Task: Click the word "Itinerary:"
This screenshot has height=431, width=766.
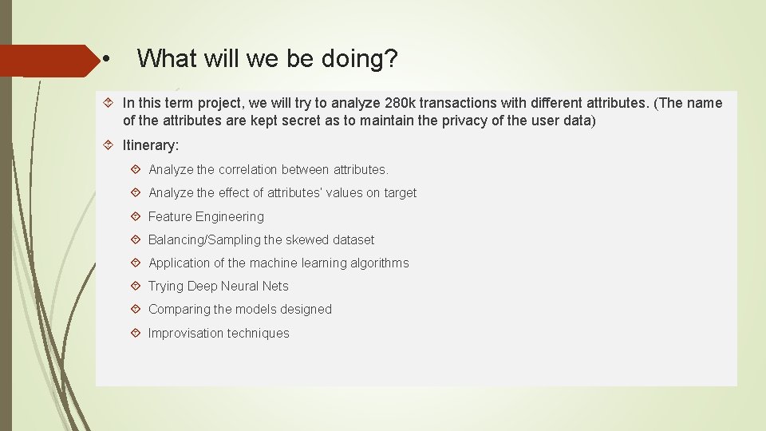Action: point(151,145)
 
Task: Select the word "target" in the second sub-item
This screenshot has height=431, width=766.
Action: point(399,192)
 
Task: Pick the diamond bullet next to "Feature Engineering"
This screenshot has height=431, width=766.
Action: point(135,216)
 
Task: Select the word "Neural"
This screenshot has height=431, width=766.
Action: point(240,286)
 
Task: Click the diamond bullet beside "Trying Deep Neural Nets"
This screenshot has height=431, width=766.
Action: point(135,286)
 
